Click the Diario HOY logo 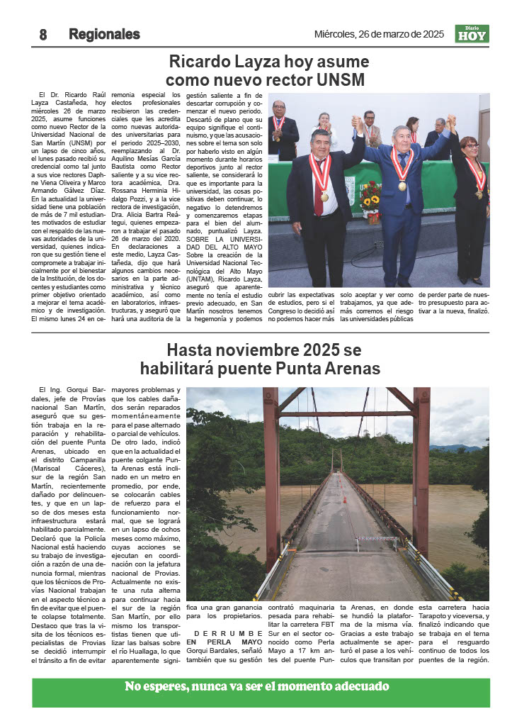pos(472,34)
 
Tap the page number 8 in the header pos(42,35)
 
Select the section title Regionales pos(104,35)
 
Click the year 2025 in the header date pos(429,34)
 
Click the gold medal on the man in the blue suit pos(402,186)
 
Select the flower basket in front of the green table pos(370,202)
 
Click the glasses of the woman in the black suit pos(470,145)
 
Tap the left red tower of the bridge pos(271,475)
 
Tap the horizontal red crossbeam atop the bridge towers pos(346,413)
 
